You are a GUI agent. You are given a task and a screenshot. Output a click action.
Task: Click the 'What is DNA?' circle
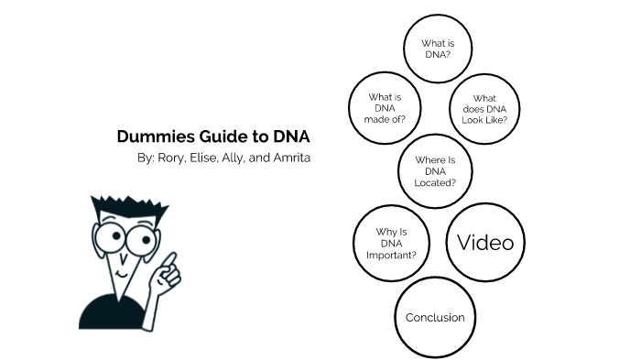point(438,49)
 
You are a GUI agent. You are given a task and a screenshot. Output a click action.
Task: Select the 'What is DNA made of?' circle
point(385,108)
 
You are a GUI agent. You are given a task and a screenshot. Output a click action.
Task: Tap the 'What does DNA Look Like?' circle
point(484,109)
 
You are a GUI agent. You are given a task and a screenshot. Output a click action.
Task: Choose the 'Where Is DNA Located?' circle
point(435,171)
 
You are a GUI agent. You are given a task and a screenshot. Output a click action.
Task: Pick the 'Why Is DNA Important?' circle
point(391,243)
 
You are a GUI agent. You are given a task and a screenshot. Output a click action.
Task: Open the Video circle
point(485,242)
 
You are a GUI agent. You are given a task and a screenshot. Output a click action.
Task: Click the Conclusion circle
point(435,318)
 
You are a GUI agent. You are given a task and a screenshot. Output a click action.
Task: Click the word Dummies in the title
point(157,136)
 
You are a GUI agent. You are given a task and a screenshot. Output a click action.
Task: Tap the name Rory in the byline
point(171,158)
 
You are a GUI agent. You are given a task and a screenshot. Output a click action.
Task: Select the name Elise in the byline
point(203,158)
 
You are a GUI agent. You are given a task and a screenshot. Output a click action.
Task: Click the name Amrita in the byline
point(292,158)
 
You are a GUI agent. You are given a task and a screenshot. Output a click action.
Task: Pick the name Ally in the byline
point(233,158)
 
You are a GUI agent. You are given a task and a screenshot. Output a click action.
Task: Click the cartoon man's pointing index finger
point(170,260)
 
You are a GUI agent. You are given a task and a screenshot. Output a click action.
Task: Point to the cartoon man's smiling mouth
point(122,274)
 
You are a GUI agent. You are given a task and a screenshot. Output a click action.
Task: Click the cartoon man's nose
point(123,257)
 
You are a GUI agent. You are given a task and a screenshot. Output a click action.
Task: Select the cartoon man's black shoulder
point(106,312)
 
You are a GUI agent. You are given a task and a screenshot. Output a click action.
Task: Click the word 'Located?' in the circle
point(435,183)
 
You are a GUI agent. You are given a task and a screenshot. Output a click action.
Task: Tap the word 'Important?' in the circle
point(391,256)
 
